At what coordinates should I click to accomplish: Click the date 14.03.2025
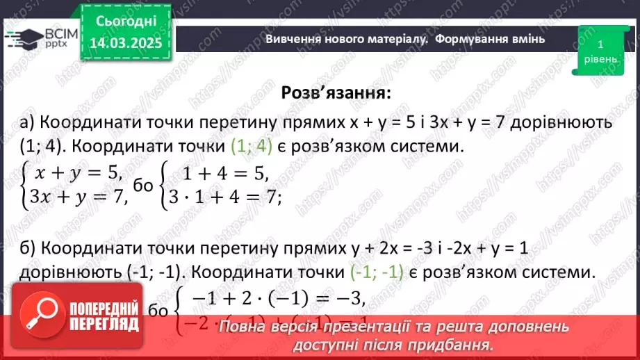coord(126,43)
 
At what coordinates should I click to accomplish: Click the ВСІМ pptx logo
coord(41,39)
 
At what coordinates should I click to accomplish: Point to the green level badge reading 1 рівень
coord(600,51)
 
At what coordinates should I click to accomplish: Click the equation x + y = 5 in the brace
coord(76,174)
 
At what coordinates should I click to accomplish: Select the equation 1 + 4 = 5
coord(223,174)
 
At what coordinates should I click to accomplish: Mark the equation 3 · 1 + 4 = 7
coord(223,198)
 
